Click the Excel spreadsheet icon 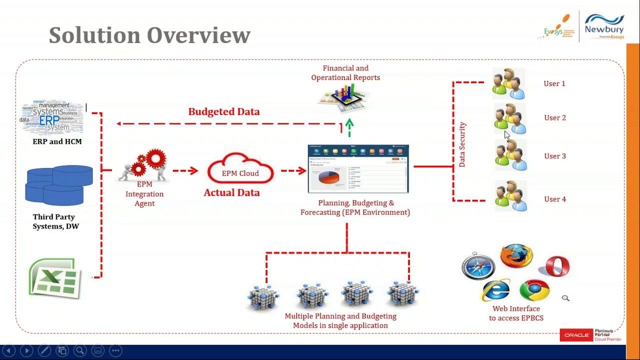click(x=55, y=278)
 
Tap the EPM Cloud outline click(x=240, y=169)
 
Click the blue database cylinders click(x=59, y=185)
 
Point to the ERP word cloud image click(x=52, y=118)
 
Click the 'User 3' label click(x=554, y=156)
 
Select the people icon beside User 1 click(x=508, y=83)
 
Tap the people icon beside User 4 click(x=510, y=196)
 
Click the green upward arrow click(x=349, y=127)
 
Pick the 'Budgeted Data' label click(x=224, y=111)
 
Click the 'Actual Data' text click(x=231, y=192)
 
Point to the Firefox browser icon click(x=516, y=256)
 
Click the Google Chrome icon click(x=534, y=290)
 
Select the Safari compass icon click(x=478, y=265)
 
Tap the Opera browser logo click(x=557, y=266)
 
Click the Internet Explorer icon click(x=496, y=290)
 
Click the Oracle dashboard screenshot click(x=358, y=169)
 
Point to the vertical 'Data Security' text click(x=462, y=144)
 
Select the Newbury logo click(x=604, y=26)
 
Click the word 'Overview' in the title click(x=198, y=35)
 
